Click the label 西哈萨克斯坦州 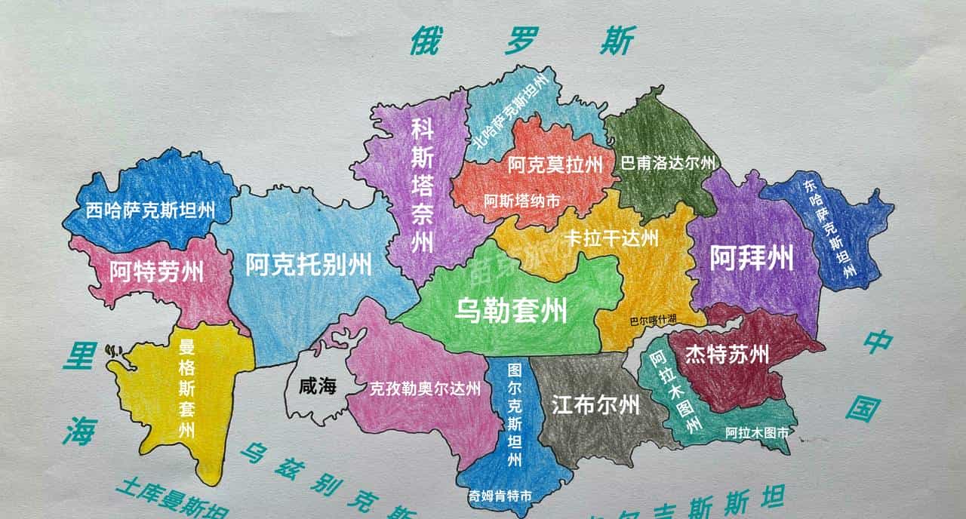(x=150, y=210)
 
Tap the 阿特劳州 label (x=156, y=272)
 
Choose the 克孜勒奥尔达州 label (x=424, y=389)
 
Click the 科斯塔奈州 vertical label (x=422, y=186)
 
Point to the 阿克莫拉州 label (x=555, y=164)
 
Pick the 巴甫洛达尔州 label (x=667, y=163)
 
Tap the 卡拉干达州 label (x=611, y=238)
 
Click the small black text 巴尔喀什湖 (x=654, y=320)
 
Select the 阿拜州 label (x=752, y=259)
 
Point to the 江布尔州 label (x=595, y=406)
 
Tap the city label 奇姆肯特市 (x=501, y=496)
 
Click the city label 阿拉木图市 (x=757, y=433)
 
